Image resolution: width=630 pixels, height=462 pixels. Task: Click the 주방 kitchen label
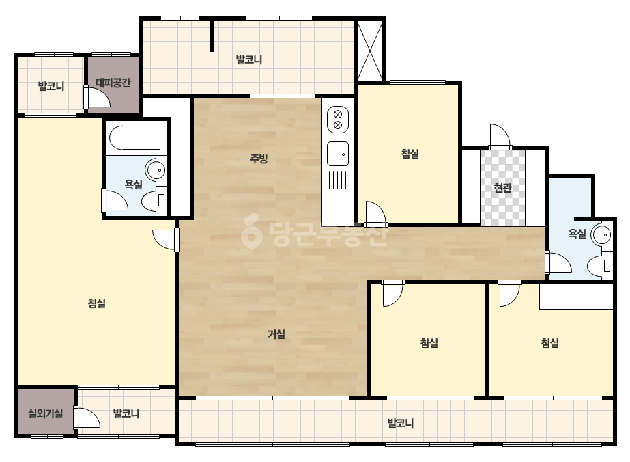[x=259, y=159]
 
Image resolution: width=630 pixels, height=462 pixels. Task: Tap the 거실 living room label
[x=276, y=334]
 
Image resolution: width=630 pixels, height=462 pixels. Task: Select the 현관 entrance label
[x=502, y=187]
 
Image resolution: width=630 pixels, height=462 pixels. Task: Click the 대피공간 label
[x=113, y=83]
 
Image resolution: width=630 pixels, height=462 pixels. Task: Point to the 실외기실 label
[x=46, y=413]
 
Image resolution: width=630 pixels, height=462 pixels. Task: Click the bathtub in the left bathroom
[x=135, y=138]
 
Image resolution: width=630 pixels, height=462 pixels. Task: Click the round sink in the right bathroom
[x=602, y=234]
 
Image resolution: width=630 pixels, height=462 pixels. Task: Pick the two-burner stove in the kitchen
[x=338, y=120]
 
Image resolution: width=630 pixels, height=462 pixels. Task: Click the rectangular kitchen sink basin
[x=338, y=154]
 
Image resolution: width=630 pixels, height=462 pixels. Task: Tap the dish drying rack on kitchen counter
[x=337, y=180]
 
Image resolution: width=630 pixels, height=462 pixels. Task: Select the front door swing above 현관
[x=500, y=137]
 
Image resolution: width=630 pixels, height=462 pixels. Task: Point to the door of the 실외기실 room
[x=87, y=418]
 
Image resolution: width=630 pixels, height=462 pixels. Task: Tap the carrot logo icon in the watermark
[x=251, y=231]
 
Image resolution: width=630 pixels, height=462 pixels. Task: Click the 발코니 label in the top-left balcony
[x=51, y=86]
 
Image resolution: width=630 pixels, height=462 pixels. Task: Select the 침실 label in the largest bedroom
[x=96, y=303]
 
